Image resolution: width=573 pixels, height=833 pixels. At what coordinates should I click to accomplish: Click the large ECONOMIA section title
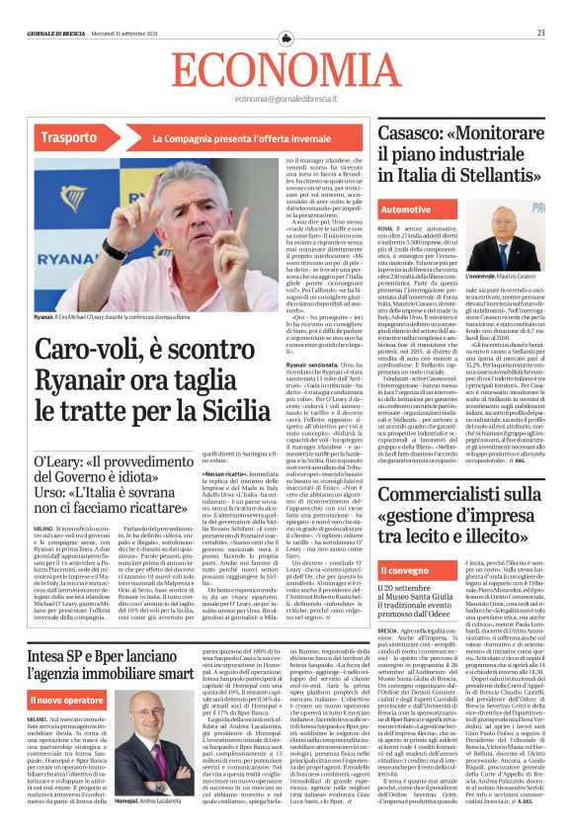(286, 69)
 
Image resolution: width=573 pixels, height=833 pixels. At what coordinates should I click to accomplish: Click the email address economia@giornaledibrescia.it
(286, 99)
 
